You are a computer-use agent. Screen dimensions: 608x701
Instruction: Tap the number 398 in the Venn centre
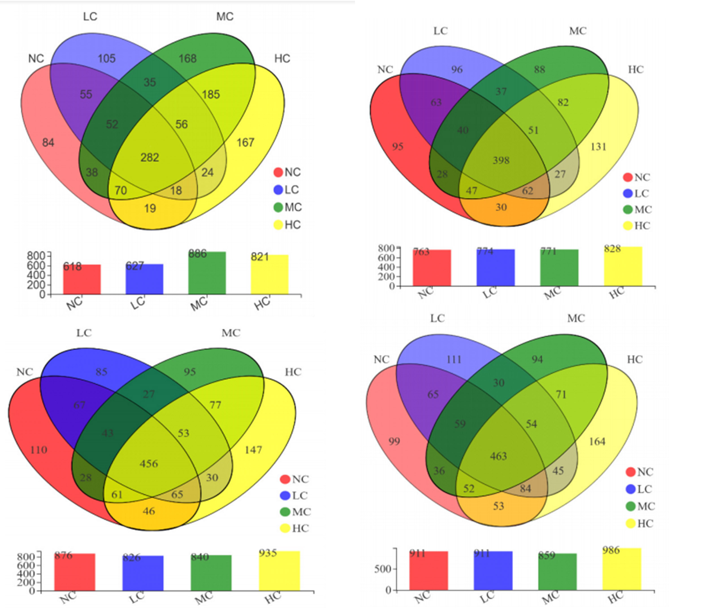tap(501, 160)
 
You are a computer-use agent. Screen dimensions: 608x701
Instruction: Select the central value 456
tap(149, 463)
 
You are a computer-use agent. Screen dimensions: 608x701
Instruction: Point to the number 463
tap(498, 456)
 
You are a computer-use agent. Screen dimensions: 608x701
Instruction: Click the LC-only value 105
tap(107, 59)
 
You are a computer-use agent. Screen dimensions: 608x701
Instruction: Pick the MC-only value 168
tap(187, 59)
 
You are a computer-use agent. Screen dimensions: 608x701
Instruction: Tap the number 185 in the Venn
tap(211, 94)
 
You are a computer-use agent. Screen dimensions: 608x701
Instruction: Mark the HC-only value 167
tap(245, 143)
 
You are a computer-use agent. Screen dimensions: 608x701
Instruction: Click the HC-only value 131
tap(598, 147)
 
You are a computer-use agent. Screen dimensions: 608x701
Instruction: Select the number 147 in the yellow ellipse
tap(253, 450)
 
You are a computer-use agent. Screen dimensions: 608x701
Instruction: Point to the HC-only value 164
tap(597, 441)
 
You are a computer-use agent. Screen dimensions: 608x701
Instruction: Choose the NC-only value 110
tap(38, 450)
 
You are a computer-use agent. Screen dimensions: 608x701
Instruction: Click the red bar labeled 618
tap(82, 280)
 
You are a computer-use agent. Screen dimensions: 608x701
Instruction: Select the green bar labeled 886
tap(207, 273)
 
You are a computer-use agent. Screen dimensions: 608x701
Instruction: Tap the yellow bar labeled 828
tap(623, 267)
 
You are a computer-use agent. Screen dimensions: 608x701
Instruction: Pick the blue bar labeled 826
tap(143, 573)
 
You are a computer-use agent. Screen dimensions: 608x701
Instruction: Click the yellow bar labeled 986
tap(622, 570)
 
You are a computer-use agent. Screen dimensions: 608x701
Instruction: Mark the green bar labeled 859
tap(557, 573)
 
